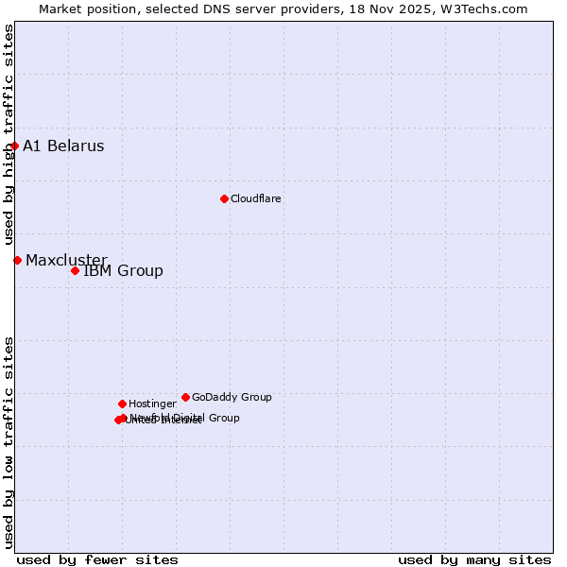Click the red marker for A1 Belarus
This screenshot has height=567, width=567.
[14, 146]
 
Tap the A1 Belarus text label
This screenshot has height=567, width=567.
[63, 146]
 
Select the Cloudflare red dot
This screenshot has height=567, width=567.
[224, 198]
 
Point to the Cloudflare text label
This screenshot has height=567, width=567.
[255, 198]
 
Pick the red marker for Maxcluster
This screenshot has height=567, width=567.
[17, 260]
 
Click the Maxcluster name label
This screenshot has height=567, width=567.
[66, 260]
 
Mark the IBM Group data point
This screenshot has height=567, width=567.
[75, 271]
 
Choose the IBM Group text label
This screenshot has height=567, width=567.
[123, 271]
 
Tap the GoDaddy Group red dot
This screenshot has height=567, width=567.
[185, 397]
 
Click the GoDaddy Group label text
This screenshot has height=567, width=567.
[232, 397]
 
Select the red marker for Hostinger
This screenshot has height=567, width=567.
[122, 404]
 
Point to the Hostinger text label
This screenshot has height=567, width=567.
[152, 404]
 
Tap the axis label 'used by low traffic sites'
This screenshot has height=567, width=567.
[9, 442]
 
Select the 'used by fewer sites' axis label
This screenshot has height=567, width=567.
[97, 559]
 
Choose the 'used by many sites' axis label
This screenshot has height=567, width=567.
[474, 559]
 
